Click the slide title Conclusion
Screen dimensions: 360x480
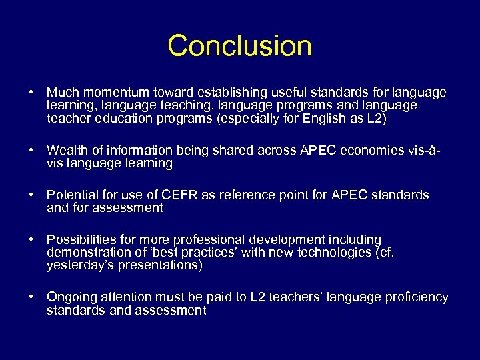[239, 46]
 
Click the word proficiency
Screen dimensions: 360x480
[417, 297]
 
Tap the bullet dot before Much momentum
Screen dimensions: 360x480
[31, 93]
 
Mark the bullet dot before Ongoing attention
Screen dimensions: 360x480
[31, 297]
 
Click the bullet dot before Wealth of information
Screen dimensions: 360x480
[31, 150]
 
